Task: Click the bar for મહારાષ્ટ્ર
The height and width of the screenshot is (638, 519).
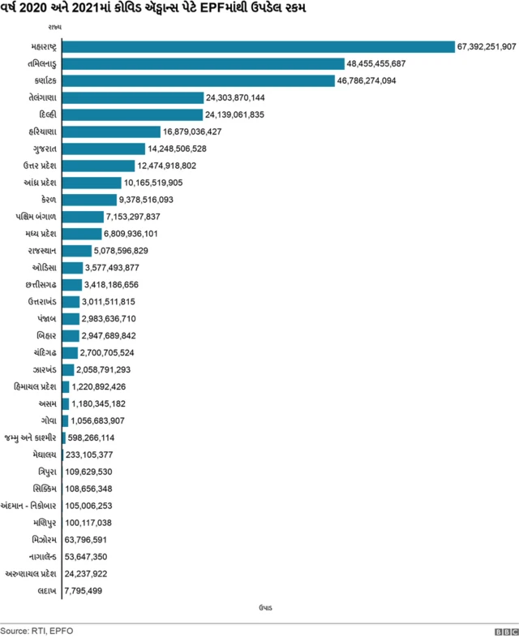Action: click(x=258, y=46)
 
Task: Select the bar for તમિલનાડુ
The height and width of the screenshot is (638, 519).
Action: click(x=203, y=63)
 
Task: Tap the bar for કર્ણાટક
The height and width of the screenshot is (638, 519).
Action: click(x=198, y=80)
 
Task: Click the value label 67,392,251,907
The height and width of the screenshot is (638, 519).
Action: click(x=487, y=46)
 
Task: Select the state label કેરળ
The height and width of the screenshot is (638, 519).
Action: click(x=46, y=200)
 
